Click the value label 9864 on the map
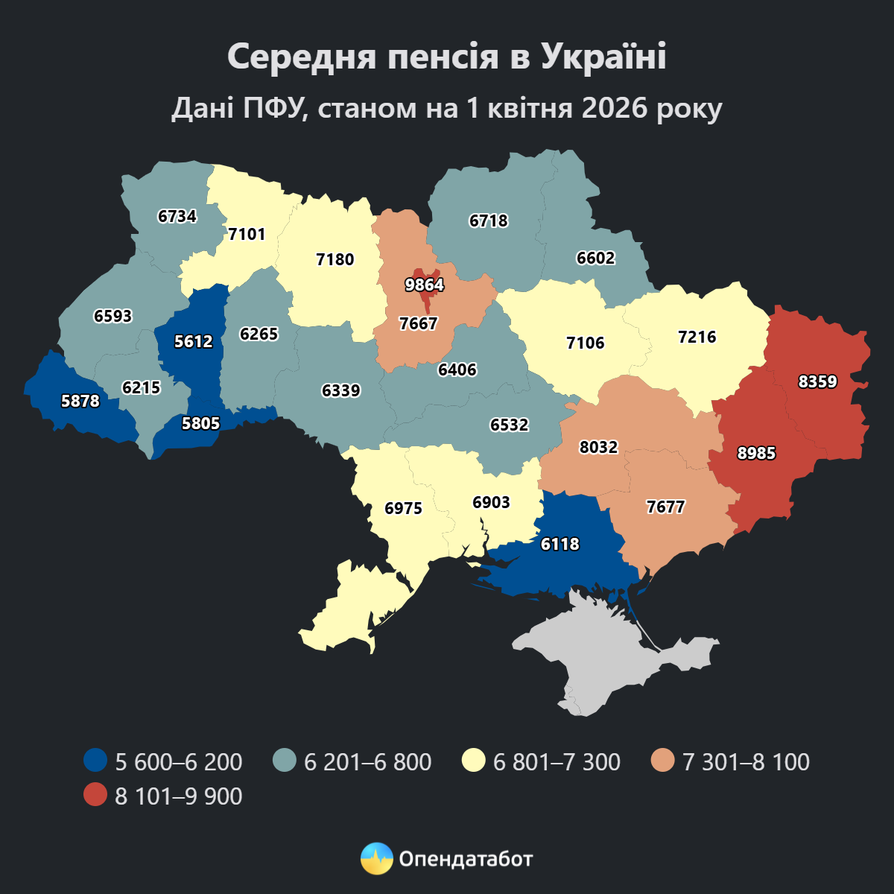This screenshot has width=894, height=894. [424, 285]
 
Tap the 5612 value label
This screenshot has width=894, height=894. [193, 342]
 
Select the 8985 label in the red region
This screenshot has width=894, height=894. [756, 453]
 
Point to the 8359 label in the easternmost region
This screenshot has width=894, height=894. [817, 382]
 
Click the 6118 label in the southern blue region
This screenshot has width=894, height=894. [559, 545]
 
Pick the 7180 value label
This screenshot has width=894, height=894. [335, 260]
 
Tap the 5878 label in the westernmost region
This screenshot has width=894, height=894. [80, 401]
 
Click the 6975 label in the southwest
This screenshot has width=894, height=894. [403, 509]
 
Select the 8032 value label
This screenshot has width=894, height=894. [598, 447]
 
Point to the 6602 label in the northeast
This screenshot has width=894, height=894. [595, 259]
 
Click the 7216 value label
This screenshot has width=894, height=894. [697, 337]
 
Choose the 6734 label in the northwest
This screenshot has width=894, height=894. [177, 217]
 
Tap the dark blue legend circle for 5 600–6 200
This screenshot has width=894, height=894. [95, 761]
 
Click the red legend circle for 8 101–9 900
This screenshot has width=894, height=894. [95, 796]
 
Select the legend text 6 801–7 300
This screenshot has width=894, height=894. [557, 762]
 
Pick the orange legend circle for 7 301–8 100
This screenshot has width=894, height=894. [662, 761]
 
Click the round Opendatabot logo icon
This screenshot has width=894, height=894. [376, 858]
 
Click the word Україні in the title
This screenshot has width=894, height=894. [603, 57]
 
